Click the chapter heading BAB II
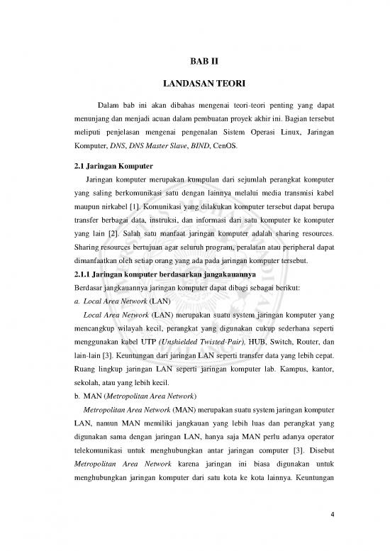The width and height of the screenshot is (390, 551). click(194, 61)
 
